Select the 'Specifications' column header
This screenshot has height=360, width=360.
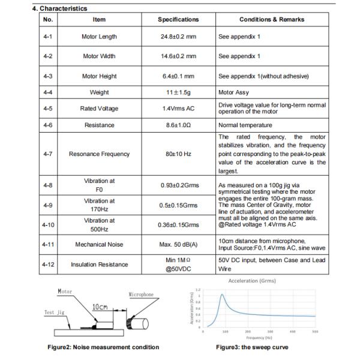tap(178, 20)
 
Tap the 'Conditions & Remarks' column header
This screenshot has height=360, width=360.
tap(272, 20)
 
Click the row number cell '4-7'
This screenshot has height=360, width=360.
tap(49, 154)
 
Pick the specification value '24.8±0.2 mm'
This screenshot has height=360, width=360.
tap(178, 37)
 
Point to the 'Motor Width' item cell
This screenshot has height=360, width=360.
tap(100, 56)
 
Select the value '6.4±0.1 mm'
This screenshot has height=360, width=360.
tap(178, 76)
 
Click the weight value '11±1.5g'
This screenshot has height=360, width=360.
tap(178, 92)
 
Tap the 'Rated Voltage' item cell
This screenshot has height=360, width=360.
tap(100, 109)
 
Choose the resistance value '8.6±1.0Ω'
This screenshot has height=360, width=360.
tap(178, 125)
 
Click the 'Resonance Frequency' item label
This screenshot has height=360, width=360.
tap(100, 154)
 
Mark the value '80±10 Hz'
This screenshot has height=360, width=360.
tap(178, 154)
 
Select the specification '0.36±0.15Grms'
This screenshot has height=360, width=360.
tap(178, 225)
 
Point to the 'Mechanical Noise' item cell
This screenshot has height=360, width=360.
tap(100, 245)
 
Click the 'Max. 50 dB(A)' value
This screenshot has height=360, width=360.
tap(178, 245)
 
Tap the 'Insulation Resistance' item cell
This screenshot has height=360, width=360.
tap(100, 265)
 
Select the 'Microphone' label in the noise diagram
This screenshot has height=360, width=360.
tap(142, 295)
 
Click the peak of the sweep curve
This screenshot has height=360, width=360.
tap(222, 294)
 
